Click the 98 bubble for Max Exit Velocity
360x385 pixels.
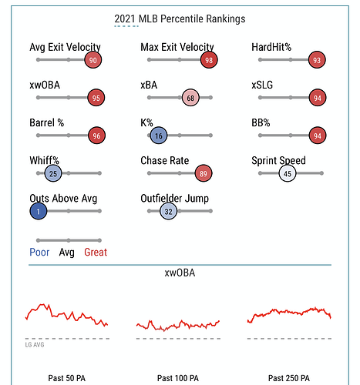tap(209, 60)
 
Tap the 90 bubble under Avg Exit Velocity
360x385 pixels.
tap(93, 60)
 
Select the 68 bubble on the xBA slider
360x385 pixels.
tap(190, 98)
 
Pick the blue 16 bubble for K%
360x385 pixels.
tap(159, 136)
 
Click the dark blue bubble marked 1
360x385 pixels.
tap(39, 211)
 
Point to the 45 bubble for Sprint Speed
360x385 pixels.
tap(288, 173)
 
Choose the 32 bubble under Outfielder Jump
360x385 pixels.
tap(168, 211)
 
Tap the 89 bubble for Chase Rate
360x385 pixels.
tap(204, 173)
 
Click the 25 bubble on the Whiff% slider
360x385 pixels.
tap(53, 173)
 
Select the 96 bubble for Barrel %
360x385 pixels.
tap(96, 136)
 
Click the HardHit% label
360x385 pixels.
tap(271, 47)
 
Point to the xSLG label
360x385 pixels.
tap(262, 85)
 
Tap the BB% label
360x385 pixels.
tap(261, 122)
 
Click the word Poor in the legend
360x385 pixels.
tap(39, 252)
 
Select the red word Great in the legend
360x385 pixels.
tap(96, 252)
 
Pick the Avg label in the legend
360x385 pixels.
tap(67, 253)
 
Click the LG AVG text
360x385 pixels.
tap(35, 345)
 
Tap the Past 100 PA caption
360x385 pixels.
tap(178, 378)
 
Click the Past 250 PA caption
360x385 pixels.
tap(289, 378)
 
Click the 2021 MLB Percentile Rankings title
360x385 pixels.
tap(180, 18)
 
